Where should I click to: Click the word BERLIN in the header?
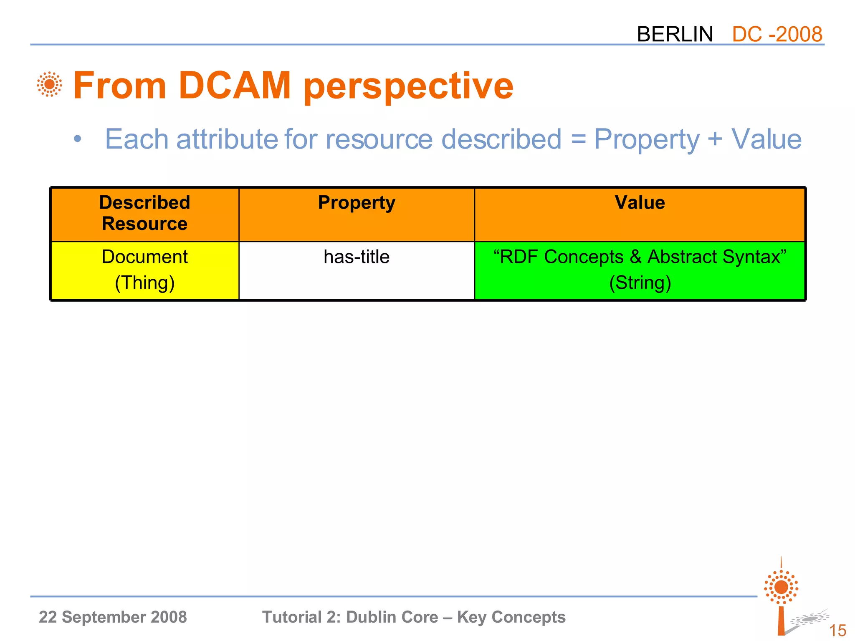[x=675, y=34]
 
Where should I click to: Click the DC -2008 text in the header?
[x=777, y=34]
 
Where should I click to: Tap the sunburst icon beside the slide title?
[x=49, y=84]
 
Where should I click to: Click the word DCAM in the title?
[x=234, y=86]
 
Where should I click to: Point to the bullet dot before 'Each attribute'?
[x=77, y=139]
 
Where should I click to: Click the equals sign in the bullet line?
[x=579, y=139]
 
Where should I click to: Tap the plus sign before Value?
[x=715, y=139]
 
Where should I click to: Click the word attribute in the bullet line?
[x=227, y=139]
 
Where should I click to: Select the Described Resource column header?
[x=144, y=213]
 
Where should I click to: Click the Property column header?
[x=357, y=203]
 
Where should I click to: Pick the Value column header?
[x=640, y=203]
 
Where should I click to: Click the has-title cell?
[x=357, y=257]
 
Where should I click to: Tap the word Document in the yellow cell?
[x=144, y=257]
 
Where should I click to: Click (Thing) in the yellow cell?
[x=144, y=283]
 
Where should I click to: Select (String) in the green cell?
[x=640, y=283]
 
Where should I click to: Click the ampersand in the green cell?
[x=635, y=257]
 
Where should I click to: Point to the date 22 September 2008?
[x=113, y=617]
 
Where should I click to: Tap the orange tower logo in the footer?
[x=781, y=597]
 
